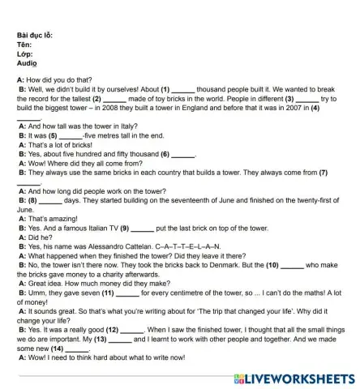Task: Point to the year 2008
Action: tap(149, 106)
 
